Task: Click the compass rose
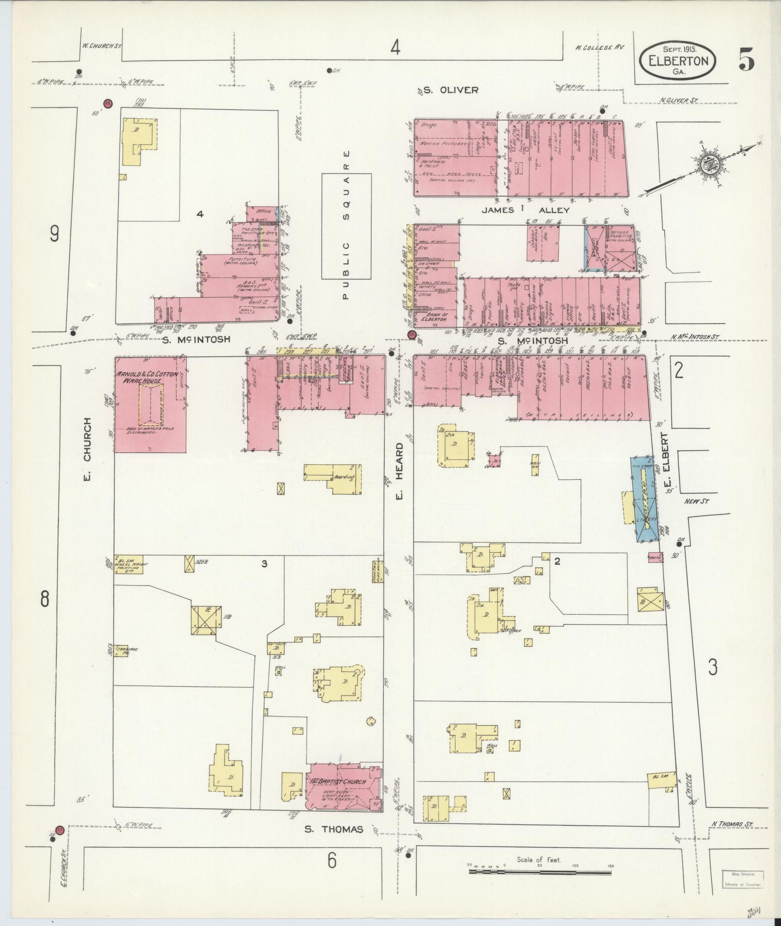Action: pyautogui.click(x=708, y=165)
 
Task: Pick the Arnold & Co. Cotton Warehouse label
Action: pyautogui.click(x=145, y=377)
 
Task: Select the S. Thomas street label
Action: pyautogui.click(x=334, y=829)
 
